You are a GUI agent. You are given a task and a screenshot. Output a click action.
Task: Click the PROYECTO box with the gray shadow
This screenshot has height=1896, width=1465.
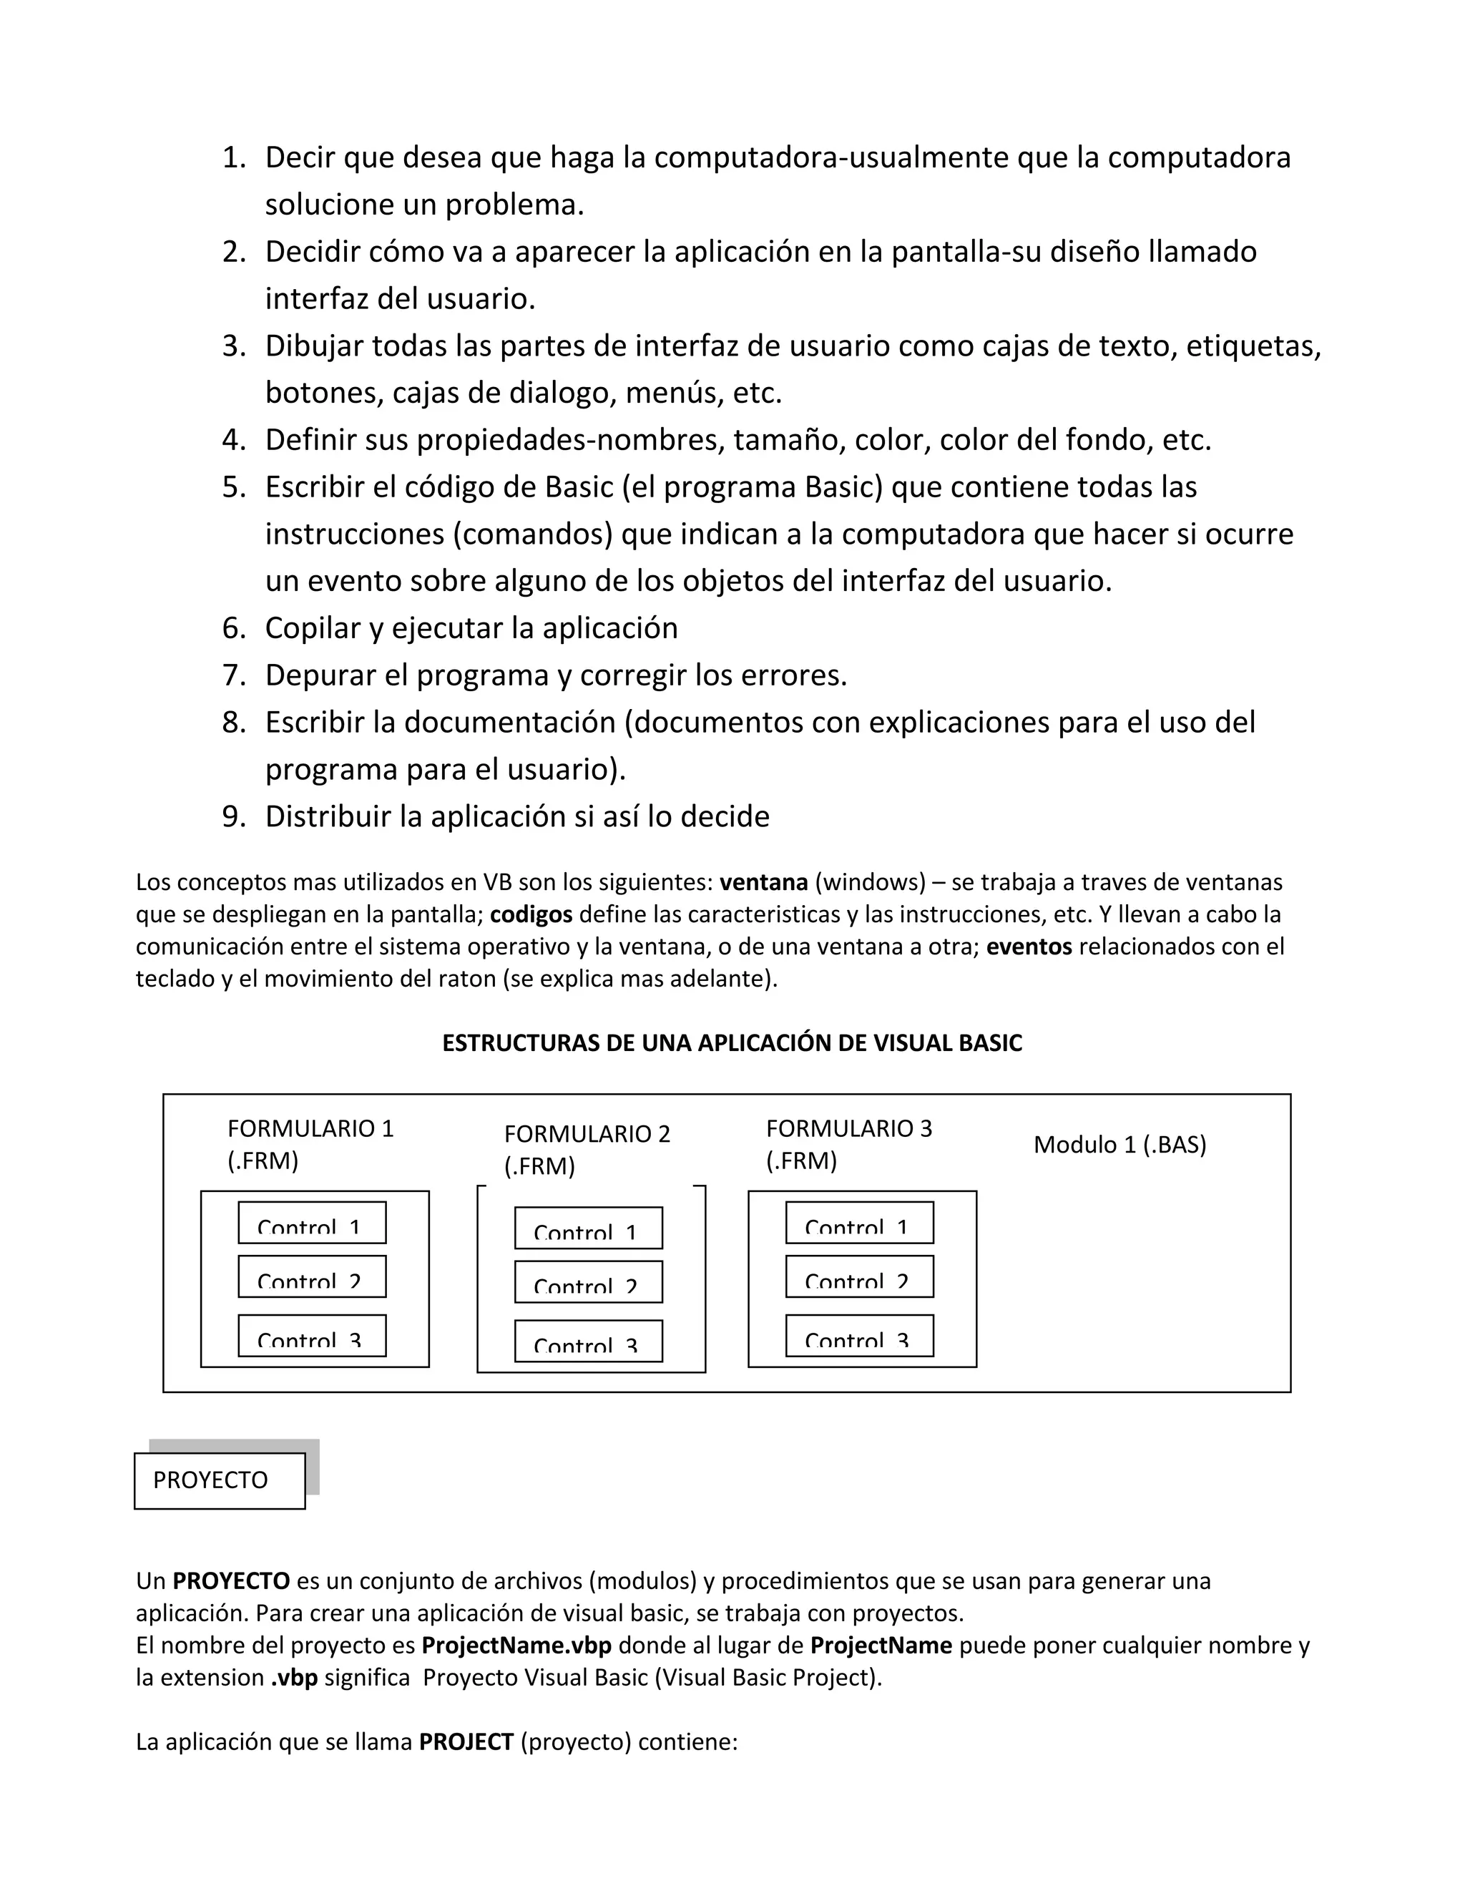click(220, 1480)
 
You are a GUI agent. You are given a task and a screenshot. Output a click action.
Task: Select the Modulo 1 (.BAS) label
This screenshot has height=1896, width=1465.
click(1119, 1144)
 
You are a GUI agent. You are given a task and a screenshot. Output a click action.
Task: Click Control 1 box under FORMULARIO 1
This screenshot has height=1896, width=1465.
click(312, 1222)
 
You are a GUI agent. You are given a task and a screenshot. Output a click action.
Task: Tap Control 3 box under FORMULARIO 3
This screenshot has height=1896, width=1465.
click(859, 1335)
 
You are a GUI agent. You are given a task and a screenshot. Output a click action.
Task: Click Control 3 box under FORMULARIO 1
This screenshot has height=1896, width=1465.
click(312, 1335)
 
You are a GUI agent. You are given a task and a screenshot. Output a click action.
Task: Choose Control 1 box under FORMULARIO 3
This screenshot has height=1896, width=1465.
click(859, 1222)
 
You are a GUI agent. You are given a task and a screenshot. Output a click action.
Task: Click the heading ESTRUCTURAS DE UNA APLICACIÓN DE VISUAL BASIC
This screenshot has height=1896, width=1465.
click(732, 1042)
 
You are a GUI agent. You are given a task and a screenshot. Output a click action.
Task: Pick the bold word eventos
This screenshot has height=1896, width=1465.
click(1029, 947)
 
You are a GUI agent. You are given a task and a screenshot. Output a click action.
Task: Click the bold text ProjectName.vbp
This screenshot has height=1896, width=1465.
click(516, 1645)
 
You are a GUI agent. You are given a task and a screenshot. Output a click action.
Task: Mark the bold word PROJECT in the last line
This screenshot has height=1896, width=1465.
click(466, 1741)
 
